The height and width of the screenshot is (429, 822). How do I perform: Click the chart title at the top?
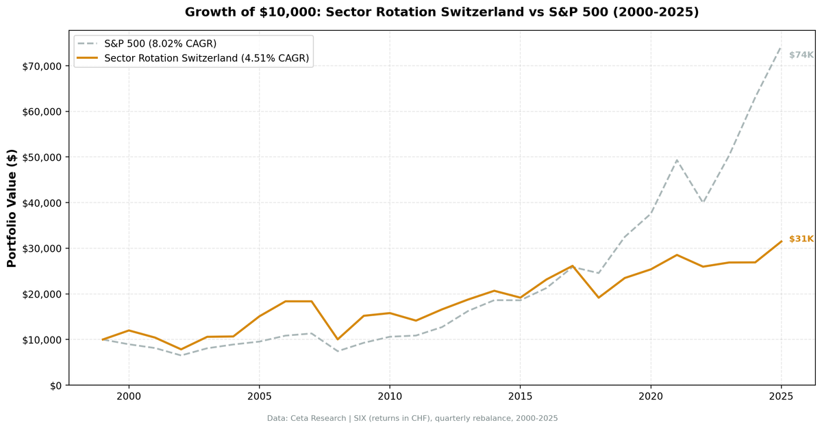(x=442, y=12)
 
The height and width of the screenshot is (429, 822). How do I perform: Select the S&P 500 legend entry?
(x=160, y=44)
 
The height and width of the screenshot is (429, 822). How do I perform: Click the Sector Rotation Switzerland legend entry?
(x=206, y=59)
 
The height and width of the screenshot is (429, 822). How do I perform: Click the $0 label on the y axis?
(x=55, y=386)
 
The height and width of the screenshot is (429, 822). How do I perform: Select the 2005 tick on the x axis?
(x=259, y=397)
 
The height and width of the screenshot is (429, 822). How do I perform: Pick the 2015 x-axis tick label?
(x=520, y=397)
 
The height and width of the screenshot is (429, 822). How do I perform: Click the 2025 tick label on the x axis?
(x=781, y=397)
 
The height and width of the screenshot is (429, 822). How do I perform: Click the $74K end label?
(x=801, y=55)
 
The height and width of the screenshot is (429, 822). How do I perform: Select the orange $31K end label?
(x=801, y=239)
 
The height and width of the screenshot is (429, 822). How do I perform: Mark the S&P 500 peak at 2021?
(x=677, y=160)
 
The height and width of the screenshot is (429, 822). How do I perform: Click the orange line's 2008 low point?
(x=337, y=339)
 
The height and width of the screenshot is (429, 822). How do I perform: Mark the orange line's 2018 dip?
(x=598, y=298)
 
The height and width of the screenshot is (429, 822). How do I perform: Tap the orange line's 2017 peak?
(x=572, y=266)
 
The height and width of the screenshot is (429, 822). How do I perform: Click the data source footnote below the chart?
(x=412, y=418)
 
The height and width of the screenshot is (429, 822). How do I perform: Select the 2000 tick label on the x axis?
(x=129, y=397)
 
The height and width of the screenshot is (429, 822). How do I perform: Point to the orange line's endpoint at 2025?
(x=781, y=242)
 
